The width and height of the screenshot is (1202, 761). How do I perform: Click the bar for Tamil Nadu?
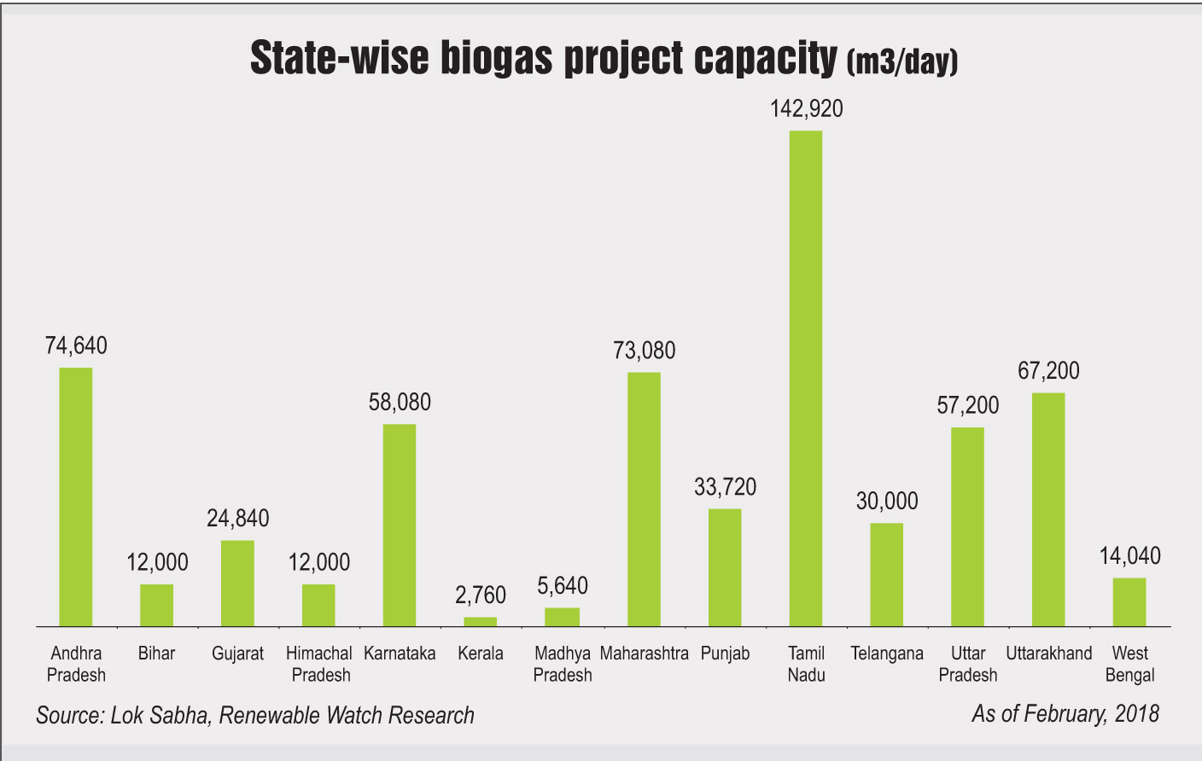(x=806, y=379)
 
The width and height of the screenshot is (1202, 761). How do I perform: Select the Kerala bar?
(x=481, y=621)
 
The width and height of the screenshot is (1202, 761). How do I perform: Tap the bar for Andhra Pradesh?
(x=76, y=497)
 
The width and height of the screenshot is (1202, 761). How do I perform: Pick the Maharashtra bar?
(x=644, y=499)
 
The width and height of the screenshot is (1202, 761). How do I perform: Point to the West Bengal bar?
(x=1129, y=602)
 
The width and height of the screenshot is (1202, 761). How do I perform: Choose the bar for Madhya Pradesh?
(x=563, y=617)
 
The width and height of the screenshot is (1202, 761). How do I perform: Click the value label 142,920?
(x=806, y=109)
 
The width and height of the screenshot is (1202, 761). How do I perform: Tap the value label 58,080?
(x=400, y=402)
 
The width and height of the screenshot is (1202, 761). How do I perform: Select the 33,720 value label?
(x=725, y=487)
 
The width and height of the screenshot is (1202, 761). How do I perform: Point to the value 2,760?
(x=481, y=595)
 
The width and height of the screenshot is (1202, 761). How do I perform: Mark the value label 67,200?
(x=1048, y=371)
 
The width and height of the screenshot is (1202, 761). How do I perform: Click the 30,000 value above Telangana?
(x=887, y=501)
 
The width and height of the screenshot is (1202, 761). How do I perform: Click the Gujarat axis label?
(x=237, y=654)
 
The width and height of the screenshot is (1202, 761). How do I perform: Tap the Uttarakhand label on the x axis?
(x=1048, y=654)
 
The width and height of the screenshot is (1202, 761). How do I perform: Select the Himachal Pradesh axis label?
(x=319, y=664)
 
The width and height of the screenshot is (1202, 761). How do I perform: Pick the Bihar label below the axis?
(x=156, y=654)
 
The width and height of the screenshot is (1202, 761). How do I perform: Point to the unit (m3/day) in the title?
(x=902, y=61)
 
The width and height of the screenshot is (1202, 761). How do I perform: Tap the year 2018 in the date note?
(x=1135, y=713)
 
